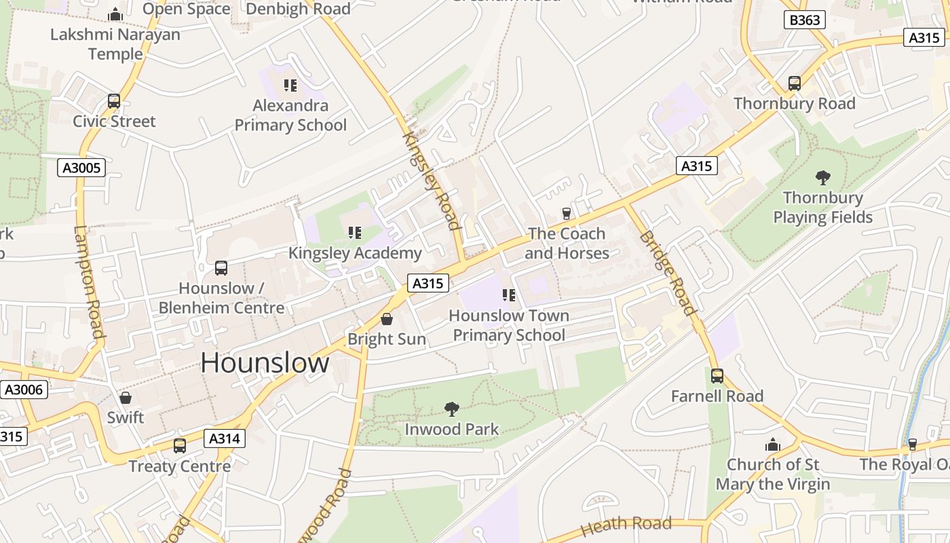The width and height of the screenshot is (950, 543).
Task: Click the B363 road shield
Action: pos(805,20)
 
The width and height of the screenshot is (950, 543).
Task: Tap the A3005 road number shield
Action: pos(81,168)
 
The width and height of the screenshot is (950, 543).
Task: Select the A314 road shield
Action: pos(224,438)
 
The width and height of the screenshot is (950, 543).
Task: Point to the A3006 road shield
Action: pos(24,390)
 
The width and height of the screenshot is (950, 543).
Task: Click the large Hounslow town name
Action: pos(265,363)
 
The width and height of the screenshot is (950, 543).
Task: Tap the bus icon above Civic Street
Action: pos(114,101)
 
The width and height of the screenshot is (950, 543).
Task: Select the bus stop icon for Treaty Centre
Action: pos(180,446)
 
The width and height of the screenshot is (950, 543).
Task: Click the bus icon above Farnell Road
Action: pos(717,375)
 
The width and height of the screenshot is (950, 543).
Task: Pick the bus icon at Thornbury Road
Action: pos(795,83)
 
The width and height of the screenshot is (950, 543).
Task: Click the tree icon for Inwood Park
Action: pos(451,409)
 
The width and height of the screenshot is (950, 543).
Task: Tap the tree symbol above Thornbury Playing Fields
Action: pos(823,178)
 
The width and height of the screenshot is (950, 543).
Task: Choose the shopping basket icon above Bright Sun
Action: pos(387,318)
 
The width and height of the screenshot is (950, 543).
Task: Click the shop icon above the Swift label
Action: pos(126,397)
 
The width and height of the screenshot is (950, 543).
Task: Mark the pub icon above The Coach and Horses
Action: pos(567,214)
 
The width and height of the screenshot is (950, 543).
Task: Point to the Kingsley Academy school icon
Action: pos(355,233)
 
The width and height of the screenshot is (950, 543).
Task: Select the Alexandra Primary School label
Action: pos(290,115)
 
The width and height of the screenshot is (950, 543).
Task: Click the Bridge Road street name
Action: pos(668,273)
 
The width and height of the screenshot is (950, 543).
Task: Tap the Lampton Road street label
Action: pos(89,282)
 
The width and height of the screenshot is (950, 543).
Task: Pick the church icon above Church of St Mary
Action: pos(773,445)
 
